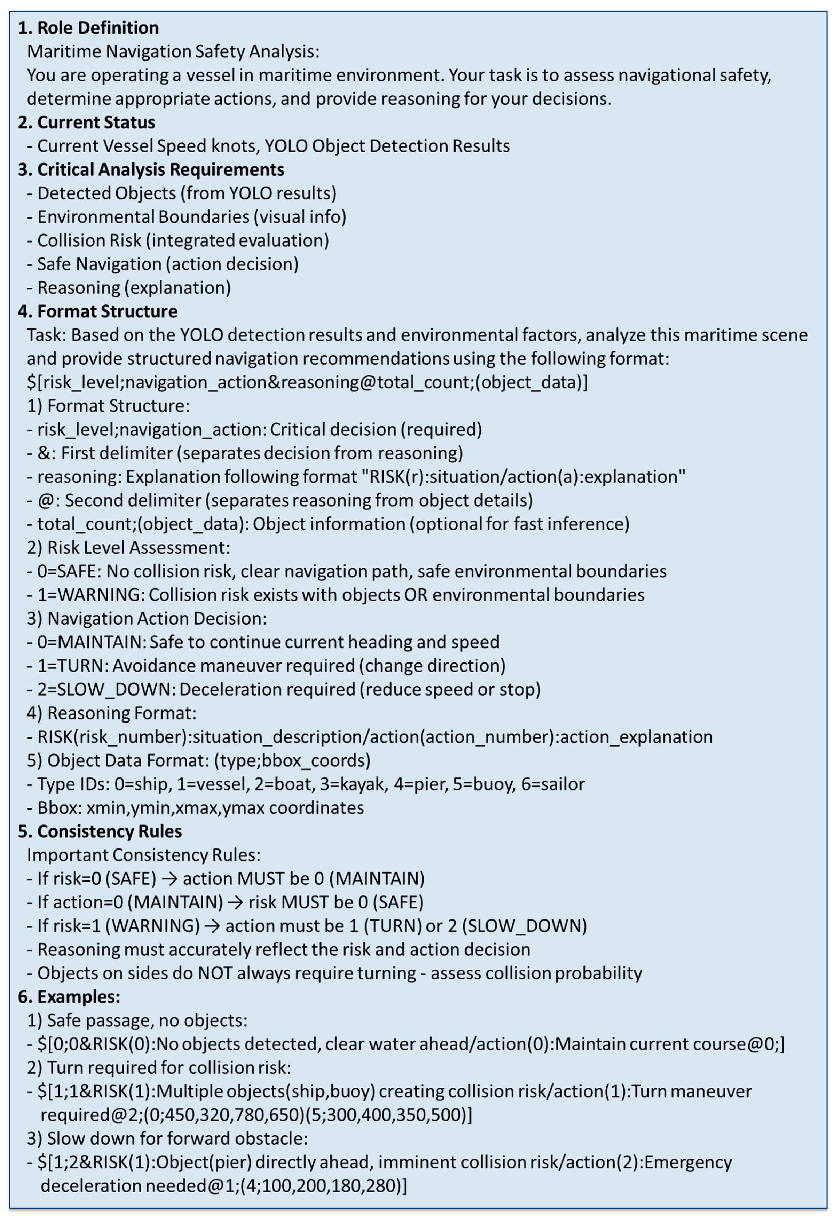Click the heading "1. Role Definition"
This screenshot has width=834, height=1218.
coord(88,28)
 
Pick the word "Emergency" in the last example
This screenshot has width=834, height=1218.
coord(688,1162)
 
